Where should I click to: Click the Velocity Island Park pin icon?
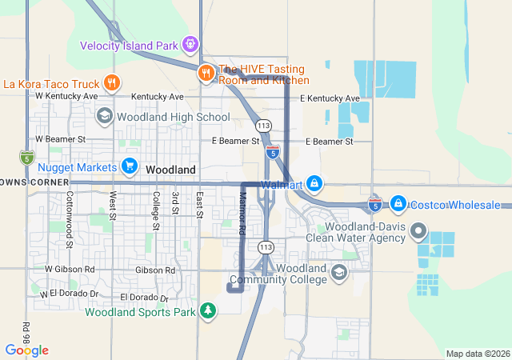(x=190, y=44)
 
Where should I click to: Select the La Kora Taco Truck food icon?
(x=112, y=82)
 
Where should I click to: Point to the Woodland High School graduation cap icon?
(x=104, y=117)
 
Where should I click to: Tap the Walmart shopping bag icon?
(x=315, y=184)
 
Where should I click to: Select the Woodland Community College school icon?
(x=339, y=274)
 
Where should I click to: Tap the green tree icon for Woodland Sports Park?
(x=208, y=310)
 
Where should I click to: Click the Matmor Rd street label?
(x=242, y=213)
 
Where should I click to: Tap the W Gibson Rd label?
(x=70, y=270)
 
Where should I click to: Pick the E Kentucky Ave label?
(x=330, y=98)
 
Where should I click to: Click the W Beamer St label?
(x=61, y=139)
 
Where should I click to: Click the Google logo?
(x=26, y=350)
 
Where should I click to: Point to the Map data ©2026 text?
(x=477, y=354)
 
